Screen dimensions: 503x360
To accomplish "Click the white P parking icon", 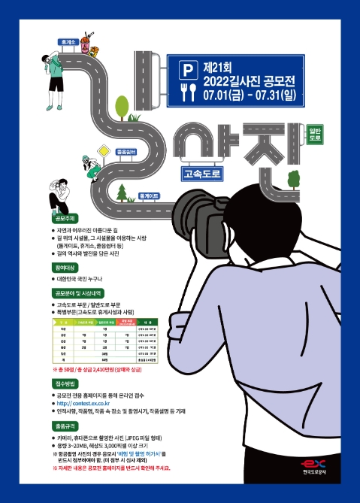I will pyautogui.click(x=188, y=69).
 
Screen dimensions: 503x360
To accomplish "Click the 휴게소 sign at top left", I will pyautogui.click(x=69, y=43).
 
